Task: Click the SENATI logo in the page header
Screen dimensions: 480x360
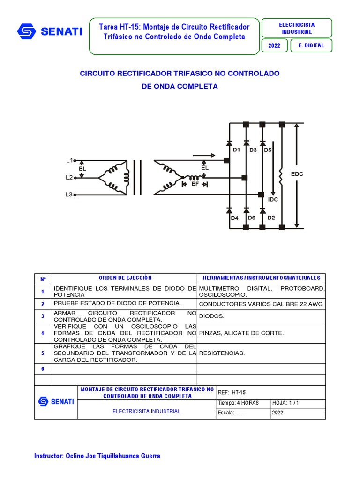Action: pyautogui.click(x=49, y=31)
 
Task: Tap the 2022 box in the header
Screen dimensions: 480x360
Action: pyautogui.click(x=274, y=45)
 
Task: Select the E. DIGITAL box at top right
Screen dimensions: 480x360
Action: pyautogui.click(x=311, y=45)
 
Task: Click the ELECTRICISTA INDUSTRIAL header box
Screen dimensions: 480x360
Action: pyautogui.click(x=296, y=28)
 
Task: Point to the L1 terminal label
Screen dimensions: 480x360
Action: pyautogui.click(x=69, y=160)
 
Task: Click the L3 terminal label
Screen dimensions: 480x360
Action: pyautogui.click(x=69, y=195)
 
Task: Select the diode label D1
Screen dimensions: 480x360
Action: pyautogui.click(x=236, y=150)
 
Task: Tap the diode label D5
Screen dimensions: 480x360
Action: pyautogui.click(x=267, y=150)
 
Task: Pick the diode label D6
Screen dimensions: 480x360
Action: pyautogui.click(x=252, y=218)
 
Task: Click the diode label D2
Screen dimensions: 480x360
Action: pyautogui.click(x=271, y=218)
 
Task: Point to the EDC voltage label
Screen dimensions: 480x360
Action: pyautogui.click(x=297, y=174)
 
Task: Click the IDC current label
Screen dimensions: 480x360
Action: pyautogui.click(x=273, y=199)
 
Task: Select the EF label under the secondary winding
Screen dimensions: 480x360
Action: pyautogui.click(x=195, y=184)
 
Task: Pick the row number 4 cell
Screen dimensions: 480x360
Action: pyautogui.click(x=43, y=333)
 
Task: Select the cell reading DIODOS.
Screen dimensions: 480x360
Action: pyautogui.click(x=211, y=316)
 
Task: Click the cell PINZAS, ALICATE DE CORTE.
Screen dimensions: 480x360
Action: pyautogui.click(x=241, y=333)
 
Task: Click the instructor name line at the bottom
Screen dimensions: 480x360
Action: pyautogui.click(x=97, y=456)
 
